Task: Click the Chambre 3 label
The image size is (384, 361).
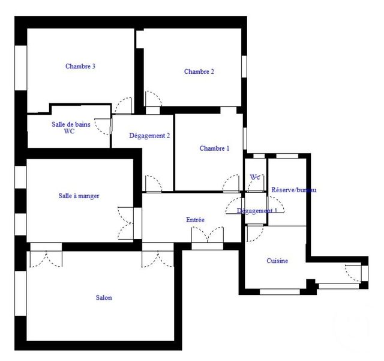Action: point(80,67)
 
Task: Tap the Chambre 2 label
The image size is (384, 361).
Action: point(199,71)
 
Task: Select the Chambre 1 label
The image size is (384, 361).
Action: point(214,148)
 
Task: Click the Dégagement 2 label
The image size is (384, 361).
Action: point(149,136)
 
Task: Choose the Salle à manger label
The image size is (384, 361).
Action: point(79,196)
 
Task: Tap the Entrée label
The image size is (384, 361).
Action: point(195,220)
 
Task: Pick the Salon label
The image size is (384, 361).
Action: point(104,298)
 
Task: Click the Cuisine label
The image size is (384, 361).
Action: point(277,261)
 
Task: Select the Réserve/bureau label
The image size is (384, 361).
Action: point(294,190)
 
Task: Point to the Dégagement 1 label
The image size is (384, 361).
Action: point(257,211)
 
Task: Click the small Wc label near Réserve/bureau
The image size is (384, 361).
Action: point(255,177)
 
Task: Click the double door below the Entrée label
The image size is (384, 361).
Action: point(207,237)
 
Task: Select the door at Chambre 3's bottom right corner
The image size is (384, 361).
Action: point(124,106)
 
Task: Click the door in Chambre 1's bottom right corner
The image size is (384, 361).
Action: point(231,184)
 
